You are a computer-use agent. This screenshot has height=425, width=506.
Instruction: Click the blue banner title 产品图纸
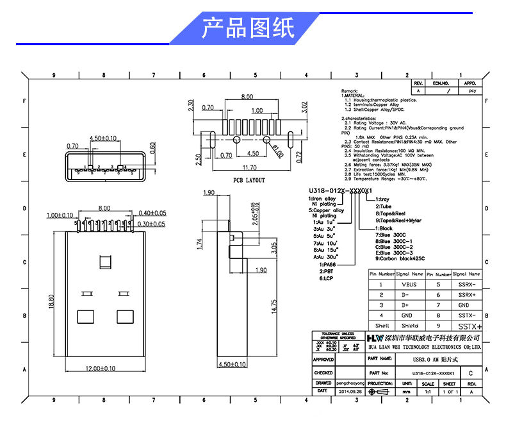[247, 28]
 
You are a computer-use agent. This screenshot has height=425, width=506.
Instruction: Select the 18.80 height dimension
[51, 301]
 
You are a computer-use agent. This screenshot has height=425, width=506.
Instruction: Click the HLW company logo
[375, 338]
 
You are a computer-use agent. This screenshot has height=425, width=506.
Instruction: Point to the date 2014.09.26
[349, 390]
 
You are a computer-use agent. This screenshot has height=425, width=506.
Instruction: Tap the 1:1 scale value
[428, 390]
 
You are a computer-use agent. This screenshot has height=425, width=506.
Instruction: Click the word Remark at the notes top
[350, 92]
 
